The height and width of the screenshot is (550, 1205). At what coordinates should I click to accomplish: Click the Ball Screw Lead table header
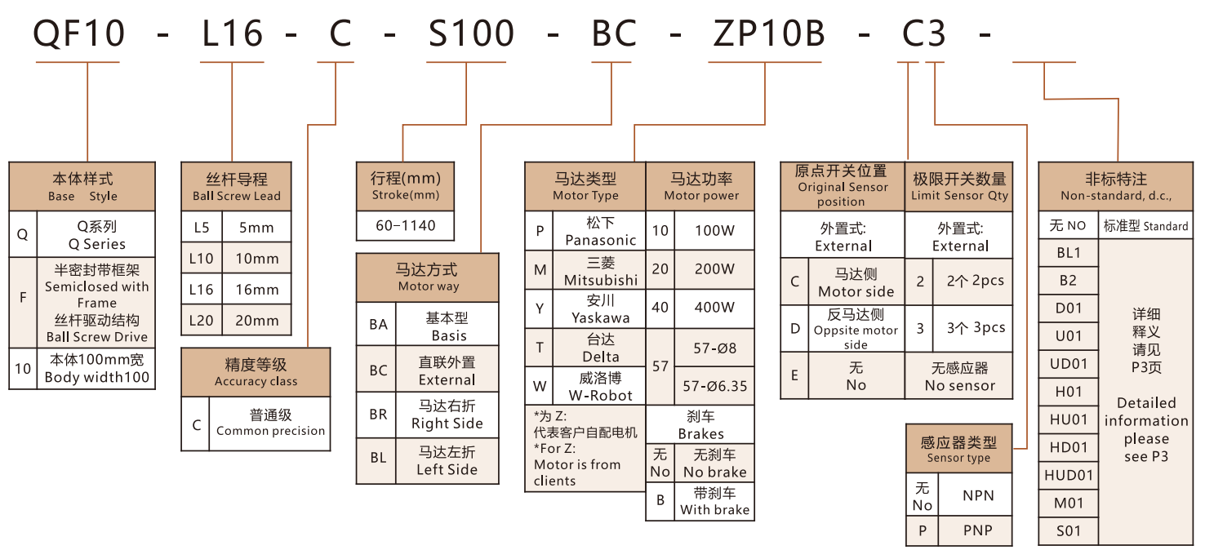point(236,186)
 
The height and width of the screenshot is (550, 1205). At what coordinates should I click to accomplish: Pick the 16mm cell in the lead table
point(257,290)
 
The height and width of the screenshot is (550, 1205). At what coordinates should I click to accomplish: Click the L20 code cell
point(201,320)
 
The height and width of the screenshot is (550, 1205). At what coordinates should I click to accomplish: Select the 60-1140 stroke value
point(405,225)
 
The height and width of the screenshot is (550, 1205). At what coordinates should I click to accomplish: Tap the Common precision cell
point(270,423)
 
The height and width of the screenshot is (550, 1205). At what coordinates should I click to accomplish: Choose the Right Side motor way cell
point(447,415)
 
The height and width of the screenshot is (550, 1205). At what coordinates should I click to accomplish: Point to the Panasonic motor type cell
point(600,231)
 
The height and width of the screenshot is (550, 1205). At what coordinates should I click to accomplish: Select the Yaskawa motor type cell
point(600,309)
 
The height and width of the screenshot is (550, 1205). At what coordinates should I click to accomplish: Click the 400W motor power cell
point(714,308)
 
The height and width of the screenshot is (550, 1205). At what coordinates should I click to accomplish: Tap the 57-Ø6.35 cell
point(714,386)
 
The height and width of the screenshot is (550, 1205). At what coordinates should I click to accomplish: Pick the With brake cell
point(714,502)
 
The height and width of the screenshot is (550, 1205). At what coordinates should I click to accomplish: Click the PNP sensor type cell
point(977,530)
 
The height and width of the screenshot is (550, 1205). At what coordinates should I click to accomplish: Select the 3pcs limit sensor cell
point(975,328)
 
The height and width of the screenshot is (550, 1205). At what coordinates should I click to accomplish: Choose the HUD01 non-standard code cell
point(1068,475)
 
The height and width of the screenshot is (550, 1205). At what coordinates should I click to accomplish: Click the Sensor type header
point(958,449)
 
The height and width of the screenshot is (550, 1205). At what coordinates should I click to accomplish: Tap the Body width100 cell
point(96,369)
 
